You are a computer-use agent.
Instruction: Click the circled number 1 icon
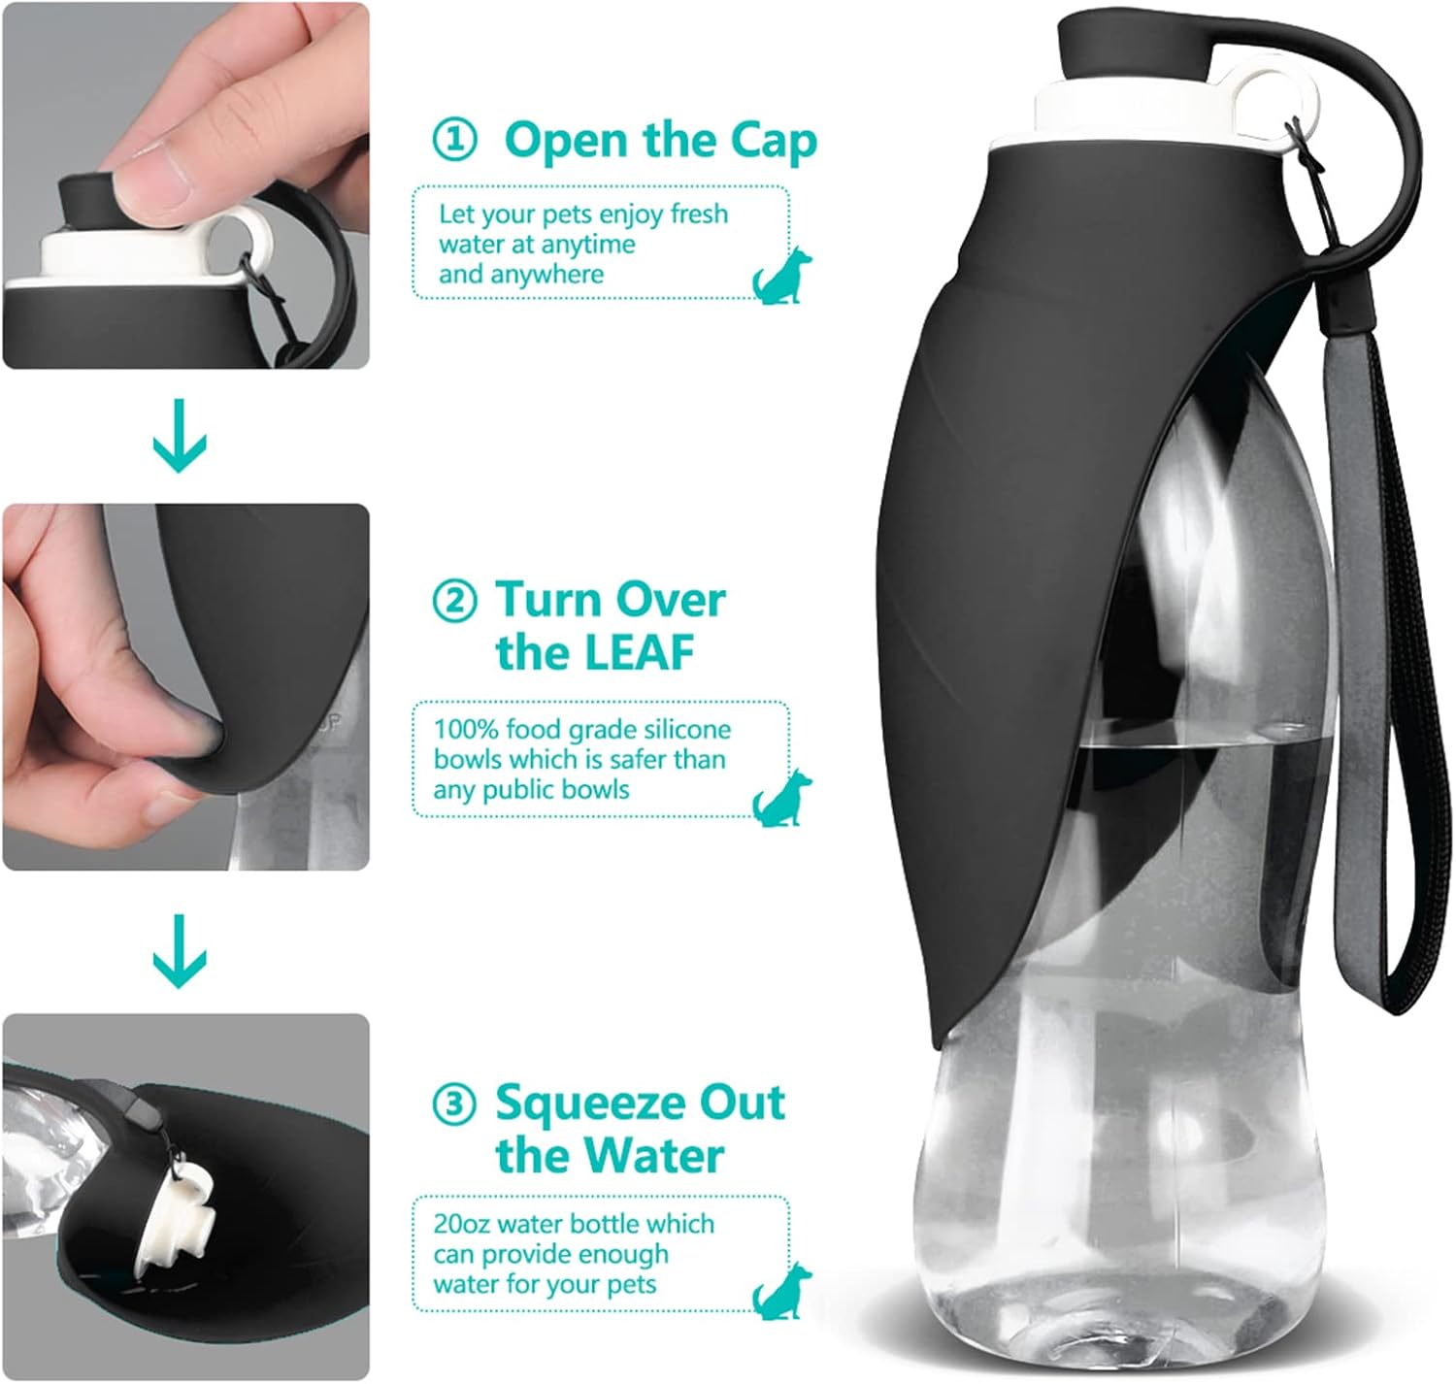click(x=453, y=141)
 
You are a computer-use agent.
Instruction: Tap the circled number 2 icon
click(x=453, y=601)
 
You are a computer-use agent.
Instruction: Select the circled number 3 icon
click(x=453, y=1104)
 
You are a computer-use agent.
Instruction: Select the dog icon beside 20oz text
click(x=782, y=1291)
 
